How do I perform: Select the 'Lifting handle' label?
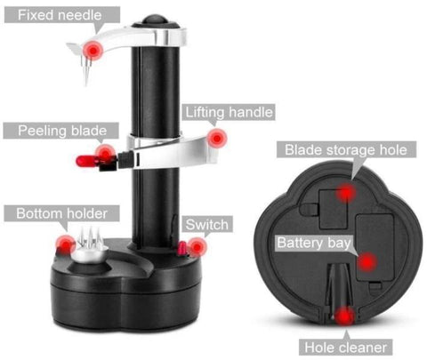coord(228,113)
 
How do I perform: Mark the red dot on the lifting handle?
coord(216,137)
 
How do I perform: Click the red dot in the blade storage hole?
coord(346,192)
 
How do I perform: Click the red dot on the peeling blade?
coord(106,154)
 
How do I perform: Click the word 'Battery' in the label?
coord(298,243)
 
